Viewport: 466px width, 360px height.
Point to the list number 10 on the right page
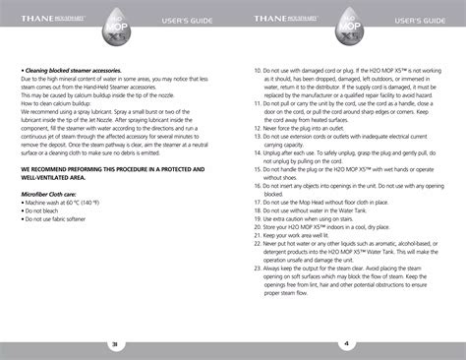(x=258, y=71)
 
